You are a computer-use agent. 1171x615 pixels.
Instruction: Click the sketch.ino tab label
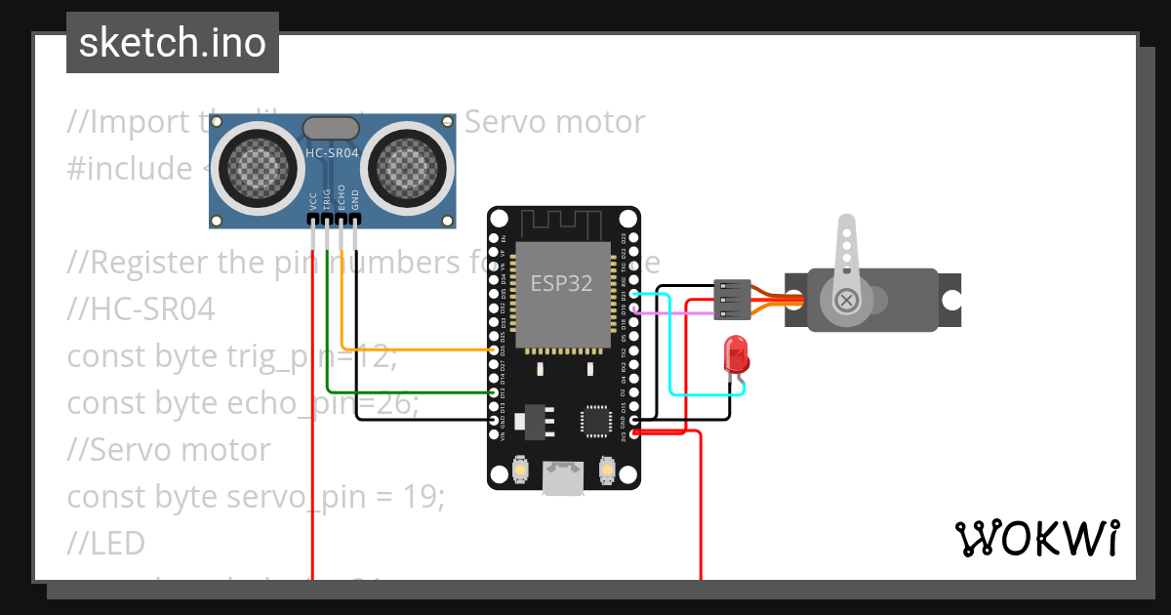point(173,43)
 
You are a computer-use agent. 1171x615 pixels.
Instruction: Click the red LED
point(734,353)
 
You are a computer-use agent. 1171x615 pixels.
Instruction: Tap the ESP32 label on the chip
point(561,284)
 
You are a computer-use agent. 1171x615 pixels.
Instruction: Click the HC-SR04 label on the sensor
point(332,152)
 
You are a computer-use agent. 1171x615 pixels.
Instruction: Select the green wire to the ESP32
point(410,393)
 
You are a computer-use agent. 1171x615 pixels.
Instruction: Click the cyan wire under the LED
point(707,394)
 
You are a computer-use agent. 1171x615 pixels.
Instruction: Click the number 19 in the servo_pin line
point(420,497)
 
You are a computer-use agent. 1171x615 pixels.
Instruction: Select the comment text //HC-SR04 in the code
point(141,309)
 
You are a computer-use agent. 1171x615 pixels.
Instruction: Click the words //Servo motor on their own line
point(169,450)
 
